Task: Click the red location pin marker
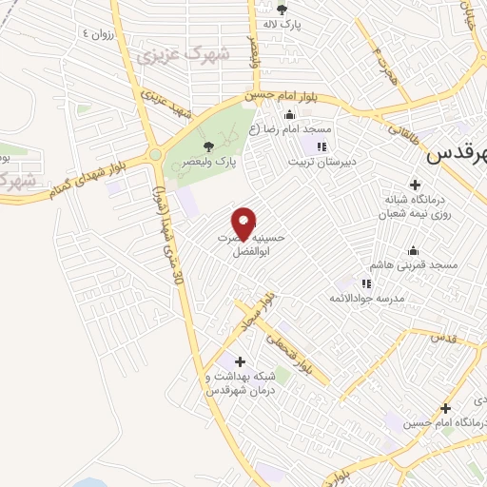[x=245, y=223]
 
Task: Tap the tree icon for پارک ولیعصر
[x=208, y=146]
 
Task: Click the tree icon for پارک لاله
[x=281, y=10]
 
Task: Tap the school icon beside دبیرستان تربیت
[x=321, y=146]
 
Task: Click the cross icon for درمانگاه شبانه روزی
[x=414, y=185]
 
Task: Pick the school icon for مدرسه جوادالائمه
[x=366, y=282]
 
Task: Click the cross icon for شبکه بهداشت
[x=240, y=361]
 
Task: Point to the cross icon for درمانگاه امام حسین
[x=444, y=408]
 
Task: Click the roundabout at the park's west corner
[x=155, y=154]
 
